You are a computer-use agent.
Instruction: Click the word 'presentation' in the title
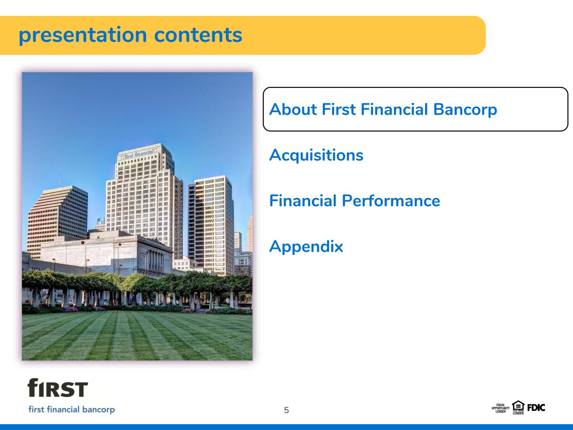click(83, 36)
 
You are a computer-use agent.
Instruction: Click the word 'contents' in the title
click(198, 35)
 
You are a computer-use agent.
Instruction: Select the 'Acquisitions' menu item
click(316, 156)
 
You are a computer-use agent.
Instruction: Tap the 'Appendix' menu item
click(306, 247)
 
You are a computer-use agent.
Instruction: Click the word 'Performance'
click(391, 201)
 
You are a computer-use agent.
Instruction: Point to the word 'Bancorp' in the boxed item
click(465, 110)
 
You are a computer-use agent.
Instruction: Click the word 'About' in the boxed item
click(293, 109)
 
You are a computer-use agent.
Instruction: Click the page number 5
click(286, 410)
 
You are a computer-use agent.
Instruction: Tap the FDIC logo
click(536, 408)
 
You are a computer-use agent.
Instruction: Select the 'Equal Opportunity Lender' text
click(500, 408)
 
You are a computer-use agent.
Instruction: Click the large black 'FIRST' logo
click(58, 388)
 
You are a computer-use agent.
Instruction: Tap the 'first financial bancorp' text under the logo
click(71, 409)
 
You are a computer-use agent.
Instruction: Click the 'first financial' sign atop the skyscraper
click(139, 154)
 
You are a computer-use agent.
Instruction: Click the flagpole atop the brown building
click(61, 180)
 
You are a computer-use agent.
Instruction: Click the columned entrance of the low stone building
click(156, 260)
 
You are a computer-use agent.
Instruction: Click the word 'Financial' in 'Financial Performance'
click(303, 201)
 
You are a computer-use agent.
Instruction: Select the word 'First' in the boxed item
click(339, 109)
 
